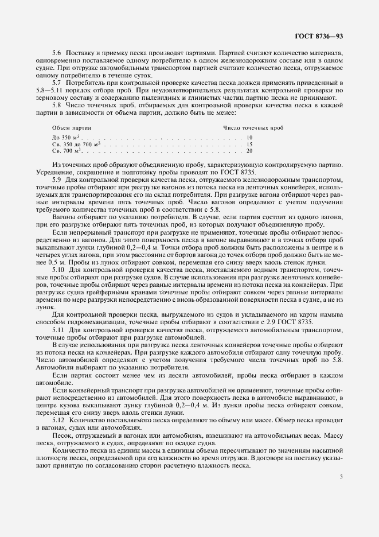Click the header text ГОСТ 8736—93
pyautogui.click(x=322, y=36)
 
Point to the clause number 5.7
pyautogui.click(x=57, y=83)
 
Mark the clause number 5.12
pyautogui.click(x=58, y=419)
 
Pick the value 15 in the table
pyautogui.click(x=249, y=144)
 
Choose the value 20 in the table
pyautogui.click(x=249, y=150)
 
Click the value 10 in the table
pyautogui.click(x=249, y=138)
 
